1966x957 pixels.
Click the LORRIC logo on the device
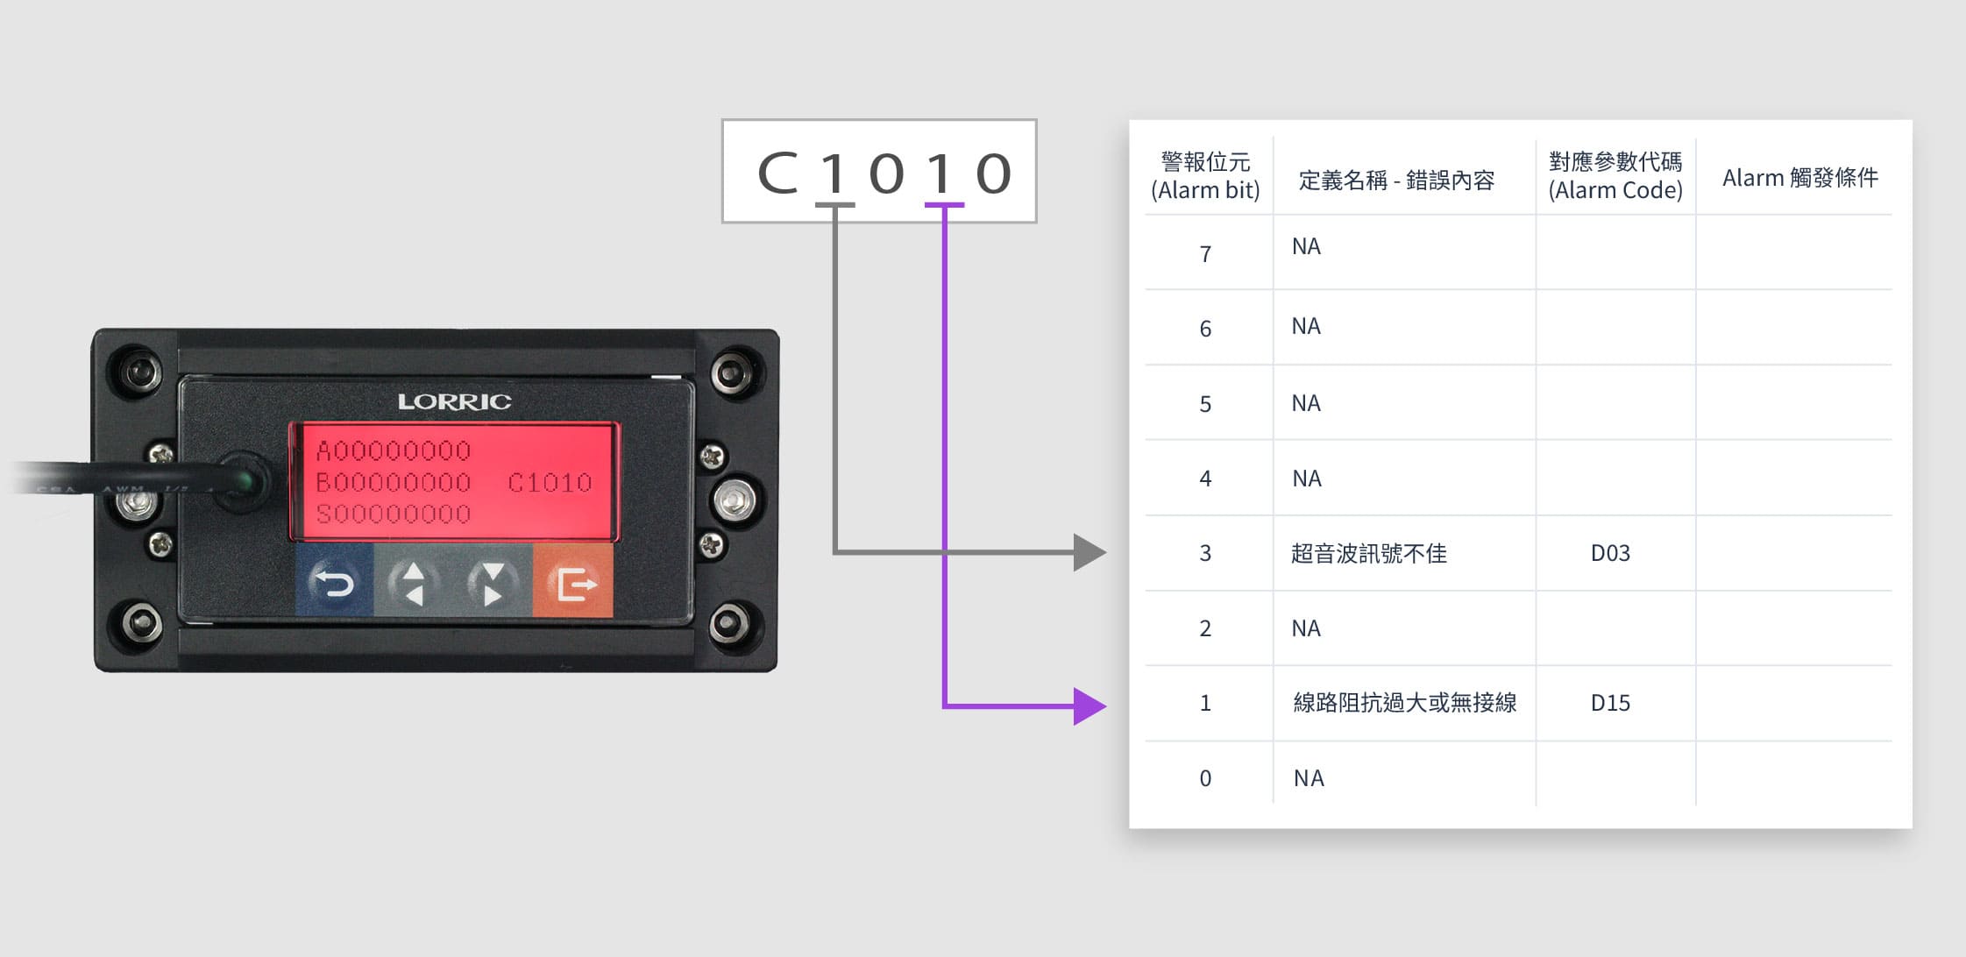point(454,401)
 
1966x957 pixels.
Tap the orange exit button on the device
point(572,582)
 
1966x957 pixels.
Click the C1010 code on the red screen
point(550,483)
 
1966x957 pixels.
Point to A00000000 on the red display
point(394,451)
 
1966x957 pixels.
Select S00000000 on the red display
point(394,514)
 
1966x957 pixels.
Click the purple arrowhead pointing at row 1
point(1089,705)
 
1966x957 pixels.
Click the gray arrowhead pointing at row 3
point(1089,552)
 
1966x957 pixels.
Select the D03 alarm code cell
point(1610,553)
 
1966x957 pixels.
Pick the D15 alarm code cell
point(1610,703)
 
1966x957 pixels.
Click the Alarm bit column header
point(1205,176)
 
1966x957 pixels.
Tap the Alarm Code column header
point(1615,176)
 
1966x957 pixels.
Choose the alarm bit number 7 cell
point(1205,254)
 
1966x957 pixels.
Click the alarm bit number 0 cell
point(1205,778)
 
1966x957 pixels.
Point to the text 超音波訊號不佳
point(1368,553)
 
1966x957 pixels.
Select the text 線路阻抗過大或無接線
point(1404,703)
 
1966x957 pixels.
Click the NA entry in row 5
point(1306,403)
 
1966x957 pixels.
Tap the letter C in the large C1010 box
point(777,173)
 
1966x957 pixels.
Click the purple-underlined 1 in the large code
point(940,173)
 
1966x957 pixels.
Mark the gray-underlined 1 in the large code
point(834,173)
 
